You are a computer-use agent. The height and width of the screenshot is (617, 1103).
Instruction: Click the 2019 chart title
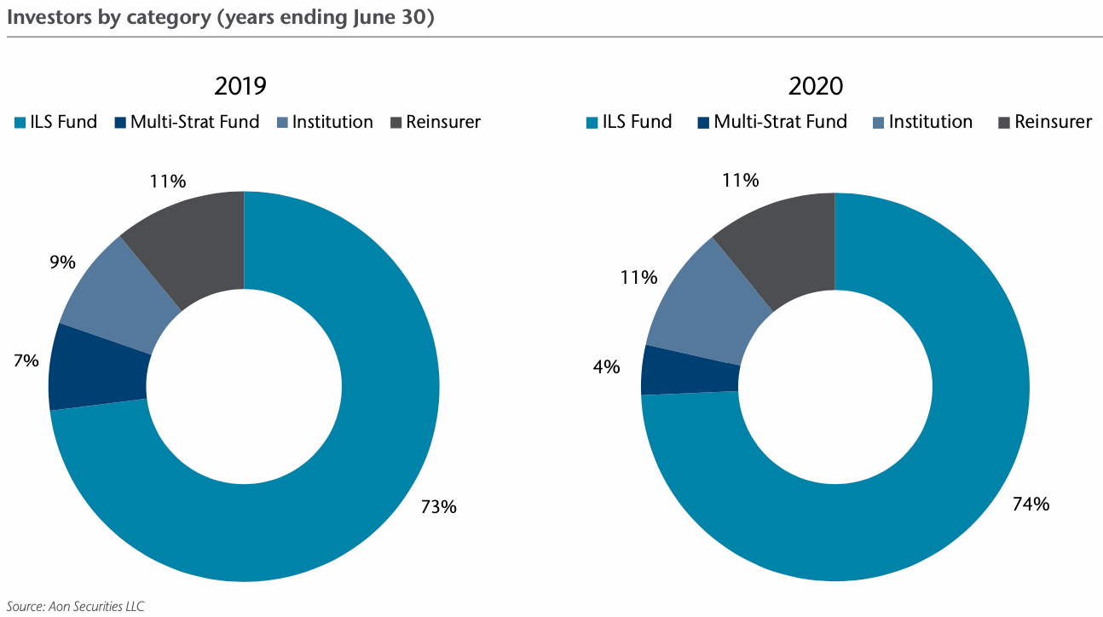240,86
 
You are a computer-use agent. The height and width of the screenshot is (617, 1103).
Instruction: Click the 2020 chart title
816,86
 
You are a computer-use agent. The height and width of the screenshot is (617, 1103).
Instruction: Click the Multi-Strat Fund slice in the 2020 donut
690,369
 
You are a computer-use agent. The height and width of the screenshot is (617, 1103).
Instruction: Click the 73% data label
439,507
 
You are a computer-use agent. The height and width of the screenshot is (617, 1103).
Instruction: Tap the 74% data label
1031,504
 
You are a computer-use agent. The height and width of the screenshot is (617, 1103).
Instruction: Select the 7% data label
26,360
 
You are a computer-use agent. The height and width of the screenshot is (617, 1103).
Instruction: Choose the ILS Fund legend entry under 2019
56,122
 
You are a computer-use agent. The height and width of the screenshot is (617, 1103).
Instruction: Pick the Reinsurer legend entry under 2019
435,122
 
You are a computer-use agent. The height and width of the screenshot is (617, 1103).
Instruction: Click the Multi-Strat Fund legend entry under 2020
771,122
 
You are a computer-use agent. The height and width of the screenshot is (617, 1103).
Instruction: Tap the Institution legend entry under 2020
921,122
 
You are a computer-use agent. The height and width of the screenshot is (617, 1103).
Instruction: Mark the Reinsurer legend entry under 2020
1044,122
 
